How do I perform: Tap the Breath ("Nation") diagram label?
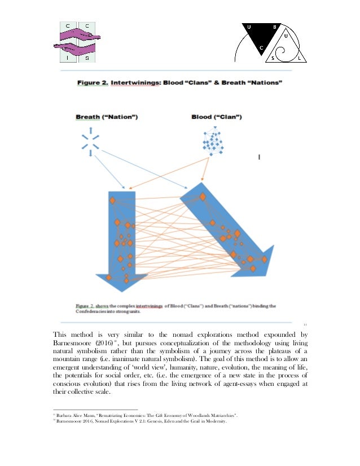point(107,117)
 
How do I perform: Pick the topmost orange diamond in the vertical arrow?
point(113,201)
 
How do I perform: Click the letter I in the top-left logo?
point(67,56)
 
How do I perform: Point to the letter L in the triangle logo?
point(298,58)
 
